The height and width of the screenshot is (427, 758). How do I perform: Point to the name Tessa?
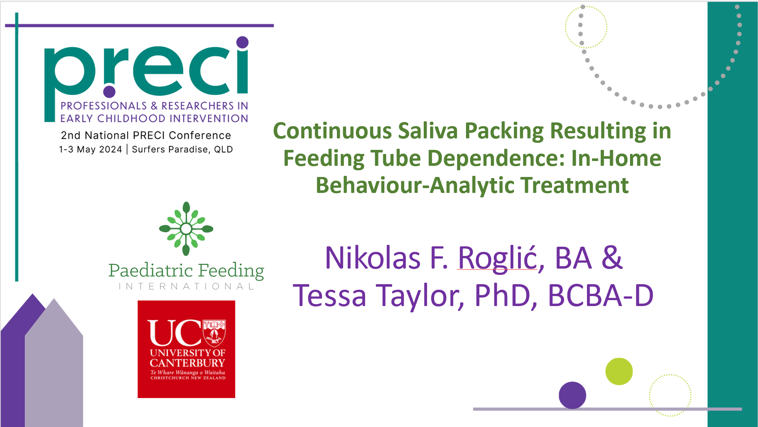(x=330, y=296)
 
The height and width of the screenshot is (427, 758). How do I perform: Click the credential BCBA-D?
(x=600, y=296)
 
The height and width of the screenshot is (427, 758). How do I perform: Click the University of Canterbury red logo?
(x=186, y=349)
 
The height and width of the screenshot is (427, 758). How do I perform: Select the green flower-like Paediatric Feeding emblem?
(x=186, y=229)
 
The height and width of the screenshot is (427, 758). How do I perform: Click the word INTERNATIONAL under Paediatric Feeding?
(x=187, y=286)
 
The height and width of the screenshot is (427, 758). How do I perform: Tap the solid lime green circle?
(x=619, y=371)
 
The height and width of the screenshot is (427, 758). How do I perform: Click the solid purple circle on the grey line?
(x=572, y=395)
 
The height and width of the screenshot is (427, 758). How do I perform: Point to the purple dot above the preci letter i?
(x=242, y=42)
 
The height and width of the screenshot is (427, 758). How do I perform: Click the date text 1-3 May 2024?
(x=91, y=150)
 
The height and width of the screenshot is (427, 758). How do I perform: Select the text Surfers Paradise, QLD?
(x=182, y=150)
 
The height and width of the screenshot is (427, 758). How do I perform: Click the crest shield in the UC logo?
(x=214, y=332)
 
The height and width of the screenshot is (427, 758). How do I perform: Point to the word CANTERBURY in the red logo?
(x=187, y=362)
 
